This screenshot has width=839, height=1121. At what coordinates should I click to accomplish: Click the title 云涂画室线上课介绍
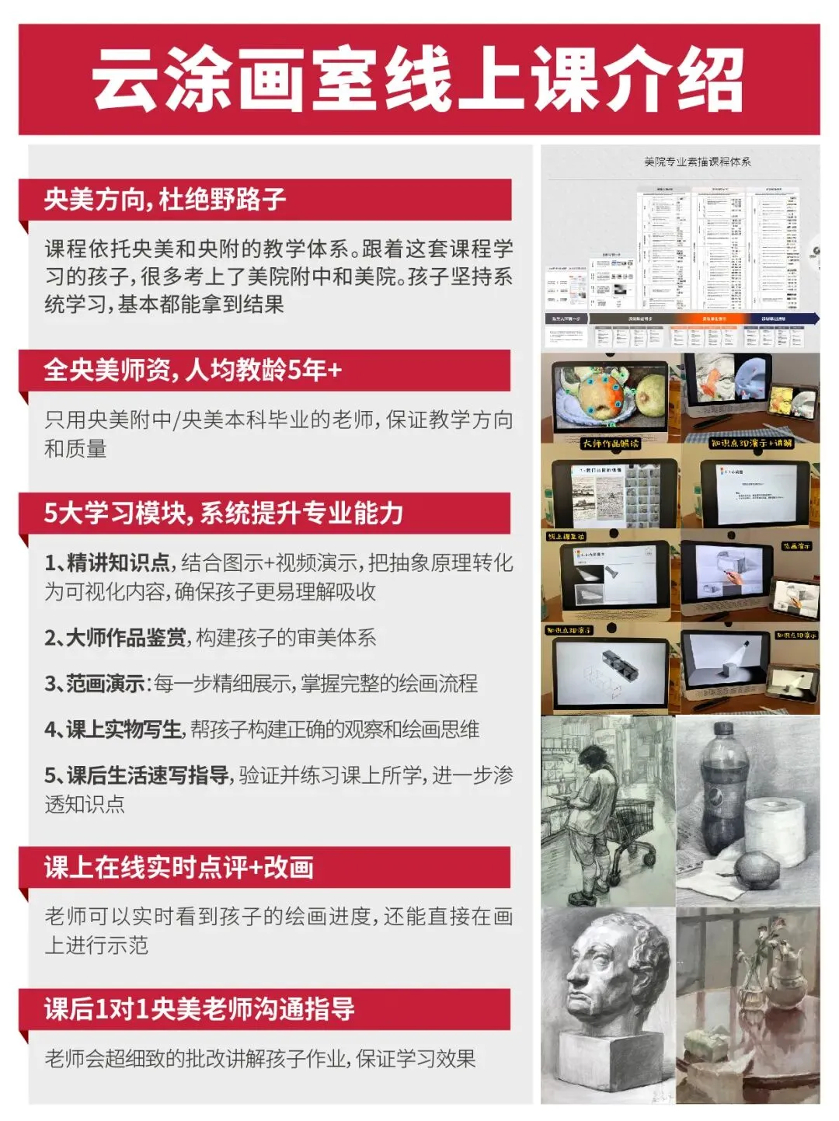click(x=419, y=79)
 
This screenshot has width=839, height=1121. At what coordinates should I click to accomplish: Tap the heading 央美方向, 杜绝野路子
click(x=165, y=200)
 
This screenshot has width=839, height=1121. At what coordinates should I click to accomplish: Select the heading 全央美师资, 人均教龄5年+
click(x=193, y=370)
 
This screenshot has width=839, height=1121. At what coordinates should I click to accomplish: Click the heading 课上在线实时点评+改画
click(x=179, y=867)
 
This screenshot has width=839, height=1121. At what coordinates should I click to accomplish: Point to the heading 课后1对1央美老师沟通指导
click(x=199, y=1009)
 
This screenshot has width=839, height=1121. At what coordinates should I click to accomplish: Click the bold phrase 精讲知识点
click(x=118, y=562)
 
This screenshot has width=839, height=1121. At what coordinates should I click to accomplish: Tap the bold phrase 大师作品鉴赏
click(x=126, y=638)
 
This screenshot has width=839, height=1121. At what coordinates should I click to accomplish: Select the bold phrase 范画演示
click(x=106, y=684)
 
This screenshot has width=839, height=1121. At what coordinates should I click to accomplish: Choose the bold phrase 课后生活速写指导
click(x=148, y=775)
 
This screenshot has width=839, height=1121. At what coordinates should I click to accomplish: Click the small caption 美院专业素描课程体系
click(x=697, y=162)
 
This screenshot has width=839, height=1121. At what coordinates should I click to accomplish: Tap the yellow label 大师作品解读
click(x=611, y=444)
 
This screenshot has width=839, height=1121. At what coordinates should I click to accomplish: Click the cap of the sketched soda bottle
click(x=722, y=730)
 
